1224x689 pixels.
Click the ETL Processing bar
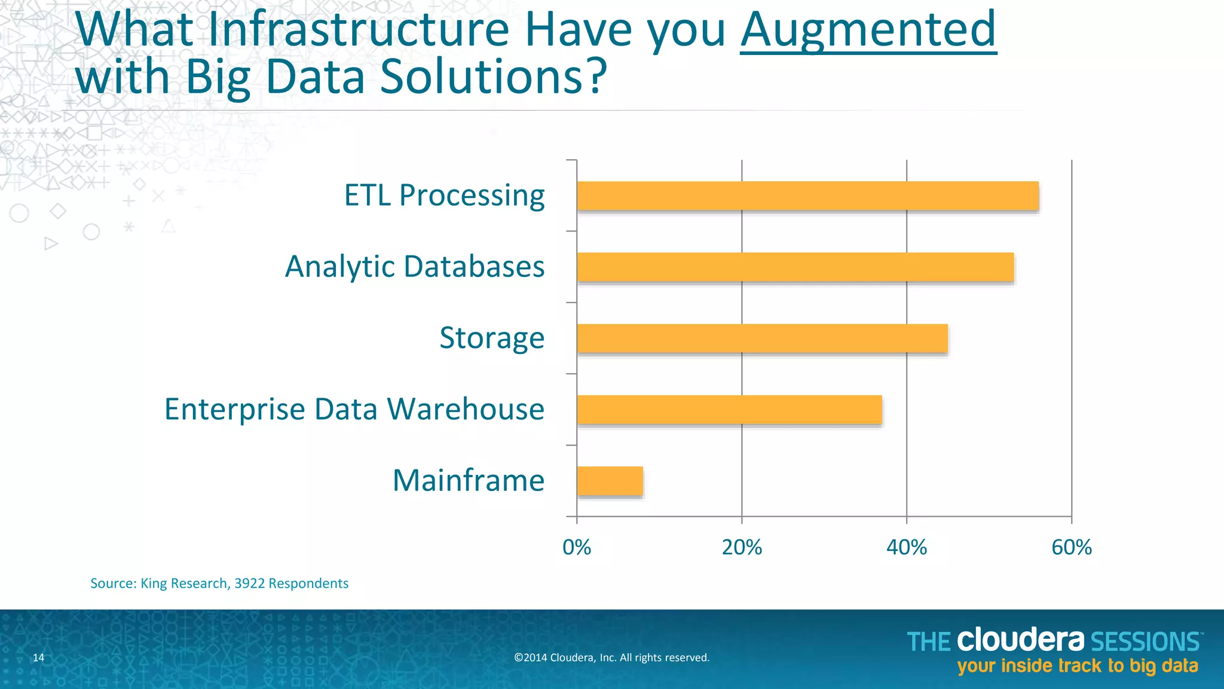click(807, 196)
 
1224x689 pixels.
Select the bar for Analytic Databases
click(795, 267)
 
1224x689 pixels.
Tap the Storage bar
click(762, 339)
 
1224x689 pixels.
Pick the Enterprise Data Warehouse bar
click(729, 410)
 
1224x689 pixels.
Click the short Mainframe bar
click(610, 481)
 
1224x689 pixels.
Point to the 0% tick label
click(577, 547)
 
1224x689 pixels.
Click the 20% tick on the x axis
click(742, 547)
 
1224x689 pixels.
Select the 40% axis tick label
click(907, 547)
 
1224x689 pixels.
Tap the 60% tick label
click(1072, 547)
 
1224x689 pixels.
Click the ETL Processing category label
click(444, 196)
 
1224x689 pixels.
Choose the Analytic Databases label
click(415, 267)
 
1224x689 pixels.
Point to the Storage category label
click(492, 338)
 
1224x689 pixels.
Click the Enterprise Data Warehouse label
click(354, 409)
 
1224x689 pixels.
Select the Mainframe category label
click(469, 480)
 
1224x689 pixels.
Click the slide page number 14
click(38, 658)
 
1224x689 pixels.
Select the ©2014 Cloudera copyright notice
click(611, 658)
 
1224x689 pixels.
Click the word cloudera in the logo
click(1020, 640)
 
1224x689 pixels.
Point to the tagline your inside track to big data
click(1078, 666)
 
